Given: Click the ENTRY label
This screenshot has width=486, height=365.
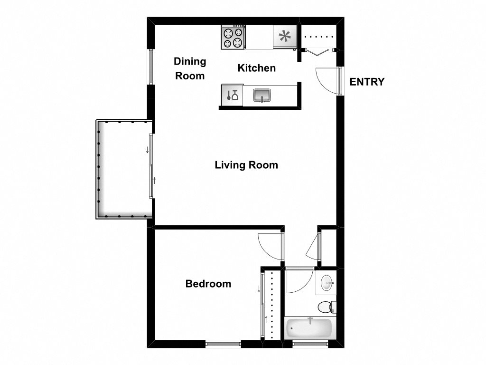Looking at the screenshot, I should [x=367, y=82].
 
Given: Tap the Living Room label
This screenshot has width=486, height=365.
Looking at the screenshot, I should [x=246, y=165].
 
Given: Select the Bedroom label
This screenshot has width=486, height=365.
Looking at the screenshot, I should [x=208, y=284].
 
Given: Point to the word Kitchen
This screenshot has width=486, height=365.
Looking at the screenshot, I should [x=256, y=68].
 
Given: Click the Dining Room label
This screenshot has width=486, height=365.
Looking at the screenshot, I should [x=190, y=68].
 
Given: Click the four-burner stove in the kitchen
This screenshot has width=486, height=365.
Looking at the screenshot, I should [x=233, y=38].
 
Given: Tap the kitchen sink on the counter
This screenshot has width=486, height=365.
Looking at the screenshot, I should [x=261, y=95].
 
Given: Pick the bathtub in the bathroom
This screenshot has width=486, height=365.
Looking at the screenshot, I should [x=309, y=328].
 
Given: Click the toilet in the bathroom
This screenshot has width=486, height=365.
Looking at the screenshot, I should [x=326, y=307].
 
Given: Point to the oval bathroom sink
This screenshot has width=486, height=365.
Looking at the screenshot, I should [x=327, y=283].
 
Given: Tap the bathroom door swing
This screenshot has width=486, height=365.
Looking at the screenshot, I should [x=298, y=281].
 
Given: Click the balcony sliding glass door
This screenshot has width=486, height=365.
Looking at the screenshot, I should [x=151, y=166].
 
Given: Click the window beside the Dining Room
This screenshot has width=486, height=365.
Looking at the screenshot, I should [x=151, y=67].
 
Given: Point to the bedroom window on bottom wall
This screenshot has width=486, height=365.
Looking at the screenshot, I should [x=223, y=343].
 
